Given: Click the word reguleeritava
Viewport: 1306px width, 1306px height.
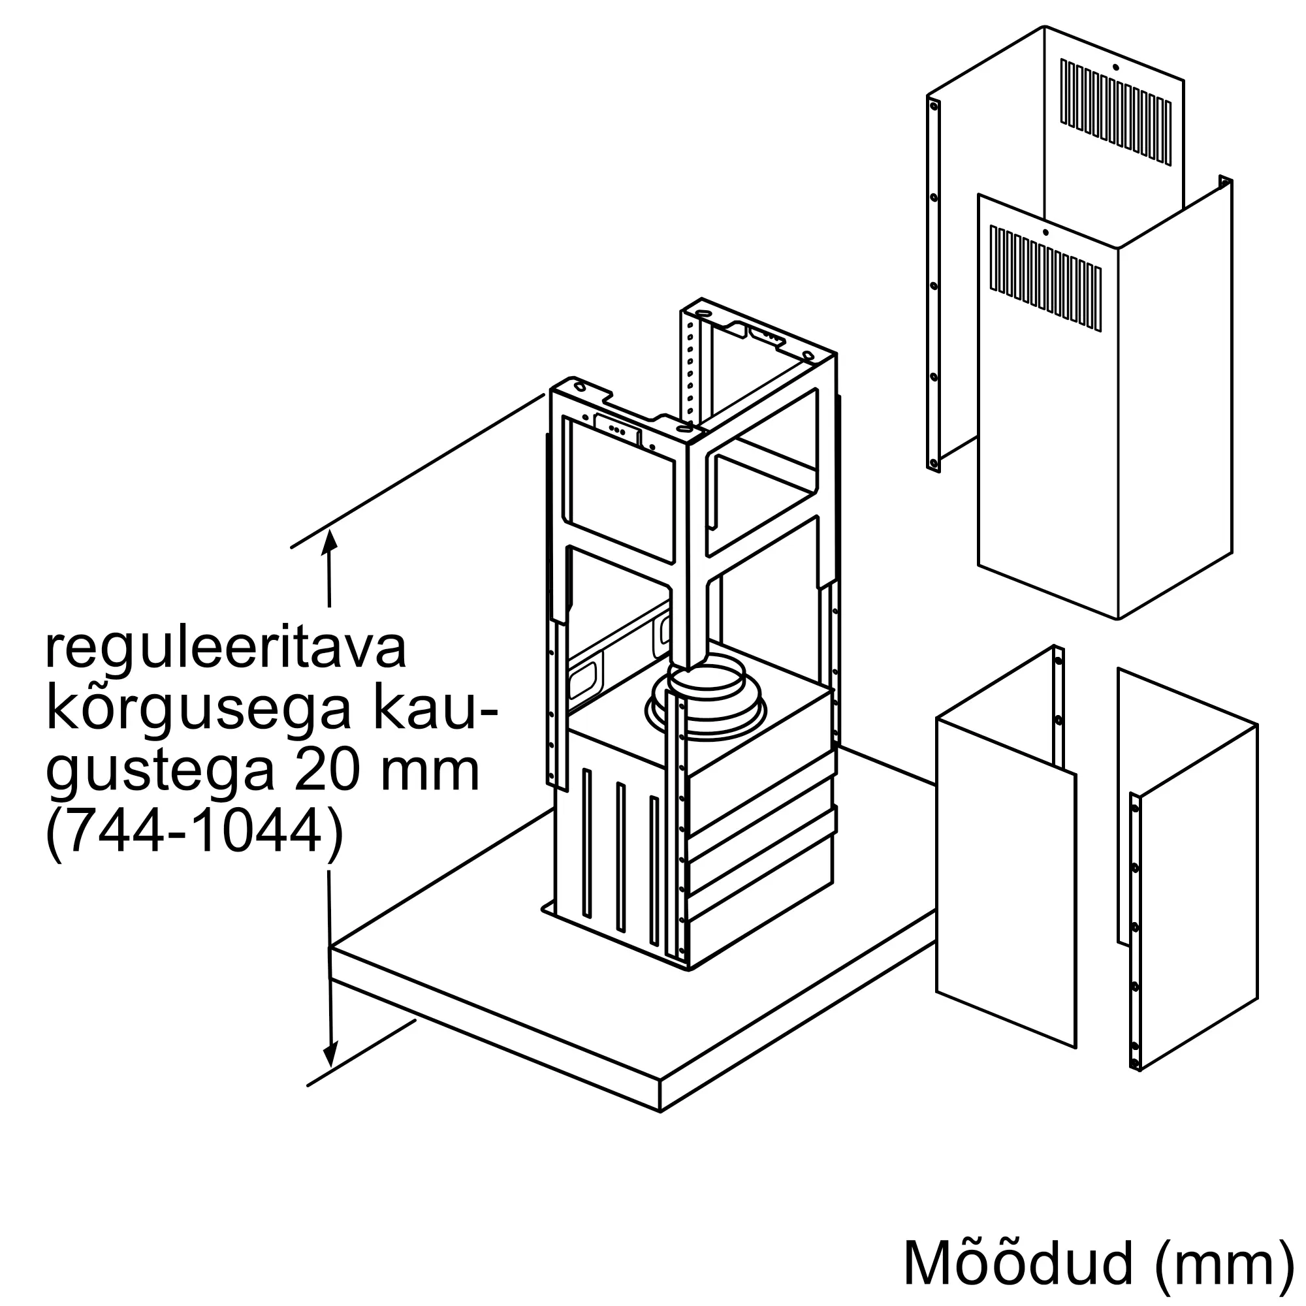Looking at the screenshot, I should pyautogui.click(x=226, y=650).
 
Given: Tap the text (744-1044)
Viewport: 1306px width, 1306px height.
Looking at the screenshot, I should pyautogui.click(x=194, y=833).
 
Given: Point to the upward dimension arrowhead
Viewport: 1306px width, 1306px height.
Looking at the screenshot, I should pyautogui.click(x=329, y=541).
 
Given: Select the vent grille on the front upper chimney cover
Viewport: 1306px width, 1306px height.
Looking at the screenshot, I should pyautogui.click(x=1045, y=278).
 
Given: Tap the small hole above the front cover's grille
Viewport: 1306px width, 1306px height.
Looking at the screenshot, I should pyautogui.click(x=1045, y=232).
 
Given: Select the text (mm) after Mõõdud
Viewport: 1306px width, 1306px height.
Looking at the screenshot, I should pyautogui.click(x=1224, y=1263).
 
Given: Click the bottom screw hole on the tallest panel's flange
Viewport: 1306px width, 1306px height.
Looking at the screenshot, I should pyautogui.click(x=934, y=464).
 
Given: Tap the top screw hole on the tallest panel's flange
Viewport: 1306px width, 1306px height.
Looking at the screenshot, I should pyautogui.click(x=934, y=105).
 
